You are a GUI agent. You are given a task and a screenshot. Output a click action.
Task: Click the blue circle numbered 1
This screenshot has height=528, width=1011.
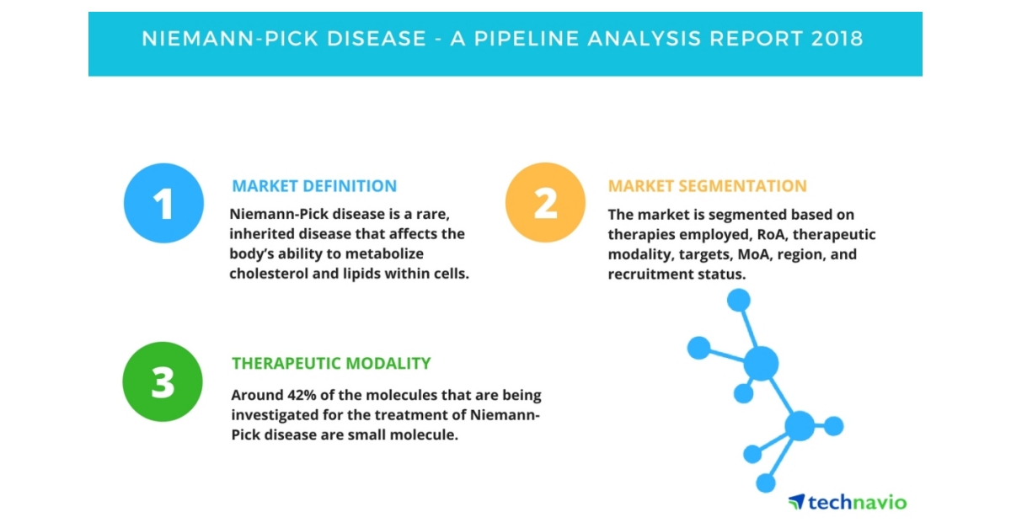pyautogui.click(x=163, y=203)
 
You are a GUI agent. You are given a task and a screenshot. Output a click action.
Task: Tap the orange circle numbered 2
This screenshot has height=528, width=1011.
pyautogui.click(x=545, y=203)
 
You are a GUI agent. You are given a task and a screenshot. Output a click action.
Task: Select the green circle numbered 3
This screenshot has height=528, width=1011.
pyautogui.click(x=163, y=381)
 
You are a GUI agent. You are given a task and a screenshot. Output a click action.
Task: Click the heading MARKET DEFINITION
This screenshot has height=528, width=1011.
pyautogui.click(x=314, y=186)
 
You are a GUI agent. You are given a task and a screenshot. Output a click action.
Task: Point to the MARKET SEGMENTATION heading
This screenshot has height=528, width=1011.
pyautogui.click(x=707, y=186)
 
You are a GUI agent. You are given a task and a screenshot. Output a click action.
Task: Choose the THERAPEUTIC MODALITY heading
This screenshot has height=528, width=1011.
pyautogui.click(x=331, y=363)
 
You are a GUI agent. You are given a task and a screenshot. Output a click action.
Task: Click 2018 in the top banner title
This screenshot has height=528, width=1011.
pyautogui.click(x=837, y=39)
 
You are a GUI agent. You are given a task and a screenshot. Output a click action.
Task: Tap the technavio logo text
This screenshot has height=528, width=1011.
pyautogui.click(x=857, y=502)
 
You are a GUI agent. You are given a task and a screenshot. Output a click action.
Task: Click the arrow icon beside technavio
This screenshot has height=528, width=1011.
pyautogui.click(x=797, y=501)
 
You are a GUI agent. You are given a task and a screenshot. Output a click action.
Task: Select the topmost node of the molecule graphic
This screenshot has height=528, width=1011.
pyautogui.click(x=739, y=300)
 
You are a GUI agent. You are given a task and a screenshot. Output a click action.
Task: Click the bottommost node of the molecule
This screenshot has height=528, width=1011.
pyautogui.click(x=766, y=483)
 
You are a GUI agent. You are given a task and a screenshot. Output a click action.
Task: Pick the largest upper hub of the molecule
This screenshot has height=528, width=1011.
pyautogui.click(x=761, y=363)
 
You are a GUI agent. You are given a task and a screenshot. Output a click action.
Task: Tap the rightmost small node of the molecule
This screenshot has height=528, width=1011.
pyautogui.click(x=833, y=426)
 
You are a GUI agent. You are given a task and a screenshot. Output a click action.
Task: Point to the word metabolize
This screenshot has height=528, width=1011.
pyautogui.click(x=384, y=253)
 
